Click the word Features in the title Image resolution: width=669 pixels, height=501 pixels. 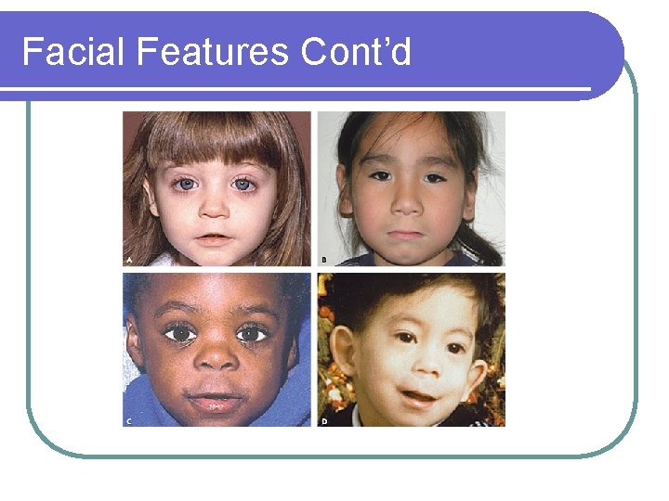[x=212, y=52]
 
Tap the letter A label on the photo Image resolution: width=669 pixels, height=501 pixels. [x=129, y=260]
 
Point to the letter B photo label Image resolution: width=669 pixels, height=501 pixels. [x=323, y=260]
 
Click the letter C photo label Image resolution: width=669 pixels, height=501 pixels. [x=129, y=421]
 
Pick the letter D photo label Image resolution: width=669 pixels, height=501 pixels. [x=323, y=421]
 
